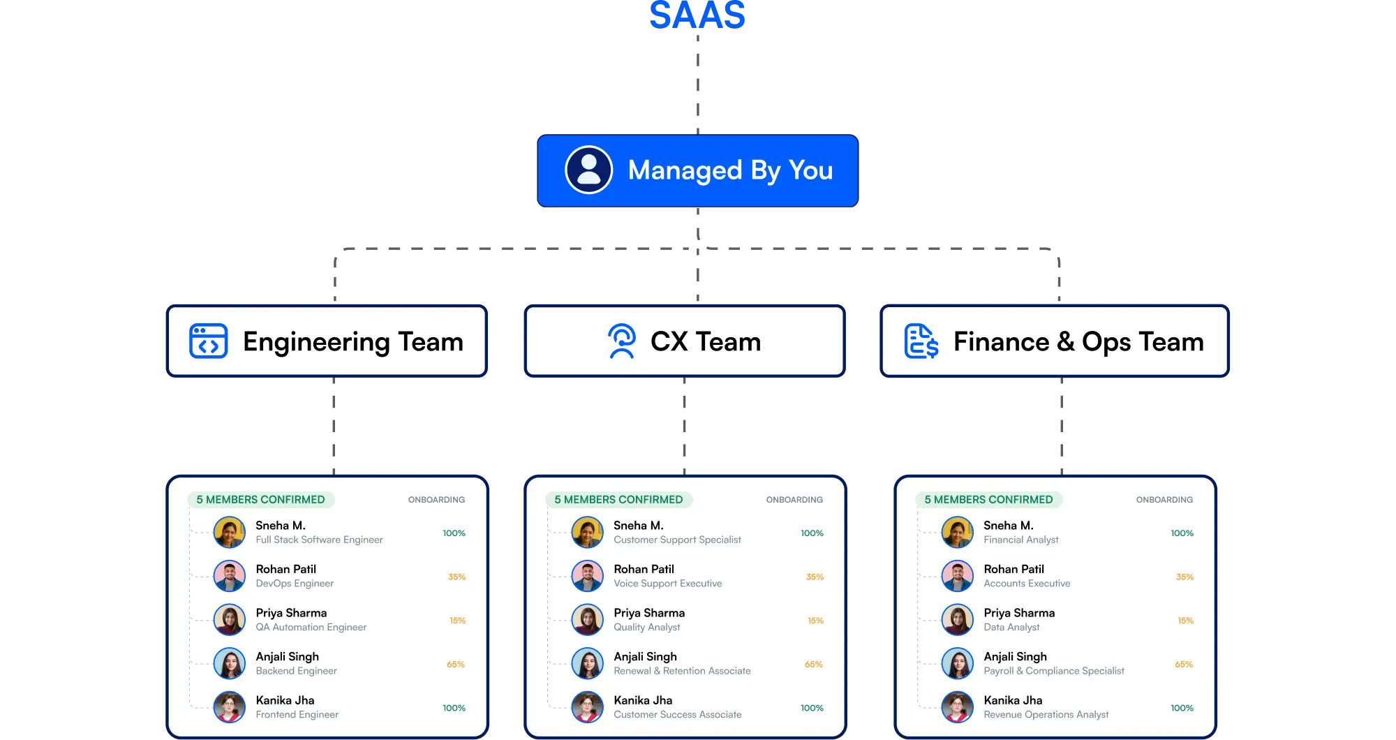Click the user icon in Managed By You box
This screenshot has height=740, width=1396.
click(588, 170)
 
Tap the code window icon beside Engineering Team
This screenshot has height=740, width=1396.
click(208, 341)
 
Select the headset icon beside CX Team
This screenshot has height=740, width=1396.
click(621, 341)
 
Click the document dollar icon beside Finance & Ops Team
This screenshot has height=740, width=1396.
click(921, 341)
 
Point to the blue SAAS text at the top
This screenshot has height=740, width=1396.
click(697, 15)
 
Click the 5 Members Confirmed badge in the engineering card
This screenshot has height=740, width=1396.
click(260, 500)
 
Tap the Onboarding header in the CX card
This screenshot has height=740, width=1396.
click(794, 500)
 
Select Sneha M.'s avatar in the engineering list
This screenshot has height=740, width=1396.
click(229, 533)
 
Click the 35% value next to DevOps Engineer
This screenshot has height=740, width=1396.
click(456, 577)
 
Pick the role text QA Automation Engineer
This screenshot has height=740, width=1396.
click(311, 628)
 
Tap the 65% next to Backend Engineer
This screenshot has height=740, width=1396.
click(456, 665)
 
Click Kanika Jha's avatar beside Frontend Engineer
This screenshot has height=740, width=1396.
click(229, 707)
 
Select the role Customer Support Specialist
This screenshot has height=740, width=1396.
click(677, 540)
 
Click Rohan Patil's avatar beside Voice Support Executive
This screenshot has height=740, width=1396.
click(587, 577)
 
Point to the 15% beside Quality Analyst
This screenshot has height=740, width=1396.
click(815, 621)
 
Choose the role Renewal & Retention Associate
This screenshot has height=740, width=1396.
click(682, 671)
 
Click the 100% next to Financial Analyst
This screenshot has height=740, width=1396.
click(1182, 533)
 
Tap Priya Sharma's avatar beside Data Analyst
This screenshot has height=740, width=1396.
click(957, 620)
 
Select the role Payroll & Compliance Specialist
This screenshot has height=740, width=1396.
click(1054, 671)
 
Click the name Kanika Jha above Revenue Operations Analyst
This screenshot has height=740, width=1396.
click(1013, 700)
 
